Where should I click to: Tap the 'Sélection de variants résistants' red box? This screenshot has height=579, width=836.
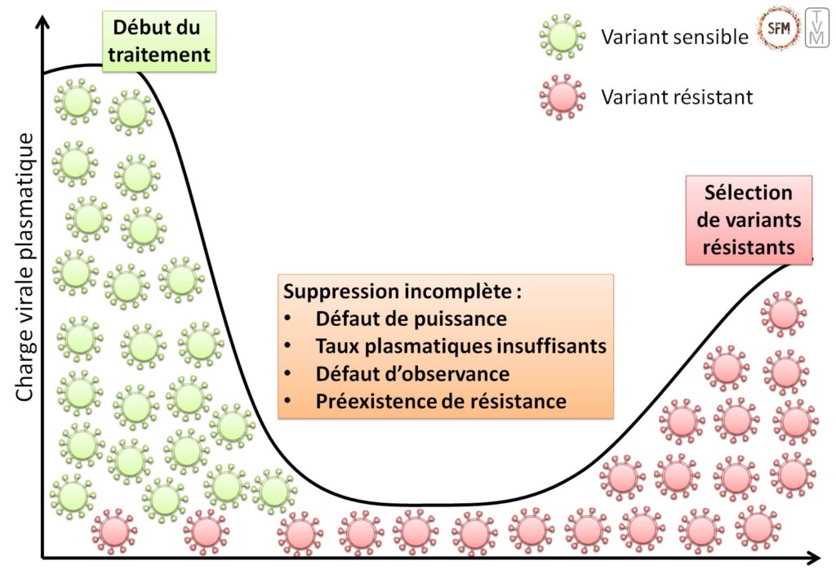pos(749,220)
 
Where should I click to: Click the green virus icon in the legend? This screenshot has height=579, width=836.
pos(563,37)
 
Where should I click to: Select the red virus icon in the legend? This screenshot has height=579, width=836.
pos(563,97)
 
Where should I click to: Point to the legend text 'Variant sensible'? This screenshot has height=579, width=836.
pos(674,37)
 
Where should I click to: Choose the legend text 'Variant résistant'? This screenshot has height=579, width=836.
pos(677,97)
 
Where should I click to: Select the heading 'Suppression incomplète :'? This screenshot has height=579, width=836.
pos(402,292)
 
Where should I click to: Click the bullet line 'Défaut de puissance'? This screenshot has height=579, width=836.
pos(411,318)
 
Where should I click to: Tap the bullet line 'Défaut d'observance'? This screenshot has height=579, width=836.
pos(412,374)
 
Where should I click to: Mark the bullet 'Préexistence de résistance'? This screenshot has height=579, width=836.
pos(441,401)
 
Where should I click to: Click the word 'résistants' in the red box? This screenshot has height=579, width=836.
pos(749,246)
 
